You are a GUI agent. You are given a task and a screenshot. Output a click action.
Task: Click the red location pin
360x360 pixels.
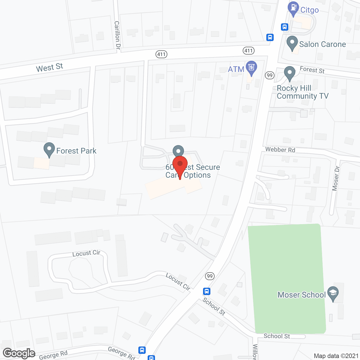coord(180,165)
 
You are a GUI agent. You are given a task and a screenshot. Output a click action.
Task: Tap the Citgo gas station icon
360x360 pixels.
coord(293,8)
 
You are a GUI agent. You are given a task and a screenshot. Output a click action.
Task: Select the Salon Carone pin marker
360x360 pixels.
coord(292,43)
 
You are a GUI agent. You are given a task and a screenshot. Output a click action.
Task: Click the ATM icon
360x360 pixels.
coord(251,67)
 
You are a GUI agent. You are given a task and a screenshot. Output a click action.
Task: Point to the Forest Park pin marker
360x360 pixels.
coord(49,149)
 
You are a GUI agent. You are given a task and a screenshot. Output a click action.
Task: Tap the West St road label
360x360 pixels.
coord(49,67)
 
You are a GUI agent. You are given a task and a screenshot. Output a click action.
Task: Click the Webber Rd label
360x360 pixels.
coord(280,150)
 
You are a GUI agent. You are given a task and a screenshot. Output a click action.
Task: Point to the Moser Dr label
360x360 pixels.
coord(336,178)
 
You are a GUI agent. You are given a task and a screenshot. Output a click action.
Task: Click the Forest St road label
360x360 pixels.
coord(312,69)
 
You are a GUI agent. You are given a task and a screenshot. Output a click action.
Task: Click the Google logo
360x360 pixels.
coord(19,353)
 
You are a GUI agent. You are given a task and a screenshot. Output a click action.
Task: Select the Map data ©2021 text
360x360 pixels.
coord(336,356)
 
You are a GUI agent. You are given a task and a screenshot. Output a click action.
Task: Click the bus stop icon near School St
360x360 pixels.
coord(207,291)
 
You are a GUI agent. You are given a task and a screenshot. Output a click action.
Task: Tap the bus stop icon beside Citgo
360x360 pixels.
coord(285,27)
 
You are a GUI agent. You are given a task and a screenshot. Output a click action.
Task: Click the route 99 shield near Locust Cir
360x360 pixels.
coord(210,276)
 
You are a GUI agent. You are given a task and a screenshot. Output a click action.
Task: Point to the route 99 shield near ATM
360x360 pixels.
coord(270,75)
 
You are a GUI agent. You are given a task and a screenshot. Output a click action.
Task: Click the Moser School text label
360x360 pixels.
coord(301,295)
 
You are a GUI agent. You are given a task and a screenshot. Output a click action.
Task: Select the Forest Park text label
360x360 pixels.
coord(76,151)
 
